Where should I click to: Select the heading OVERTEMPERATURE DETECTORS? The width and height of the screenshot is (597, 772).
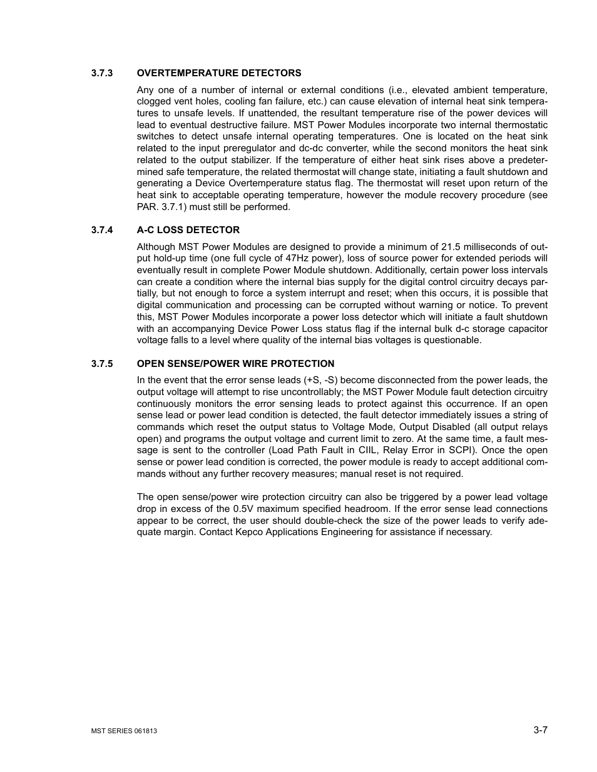point(219,73)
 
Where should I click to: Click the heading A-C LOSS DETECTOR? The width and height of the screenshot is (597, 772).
point(188,230)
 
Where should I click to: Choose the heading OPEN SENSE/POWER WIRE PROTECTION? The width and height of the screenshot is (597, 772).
point(236,364)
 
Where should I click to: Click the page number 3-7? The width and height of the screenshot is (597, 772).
point(541,729)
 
